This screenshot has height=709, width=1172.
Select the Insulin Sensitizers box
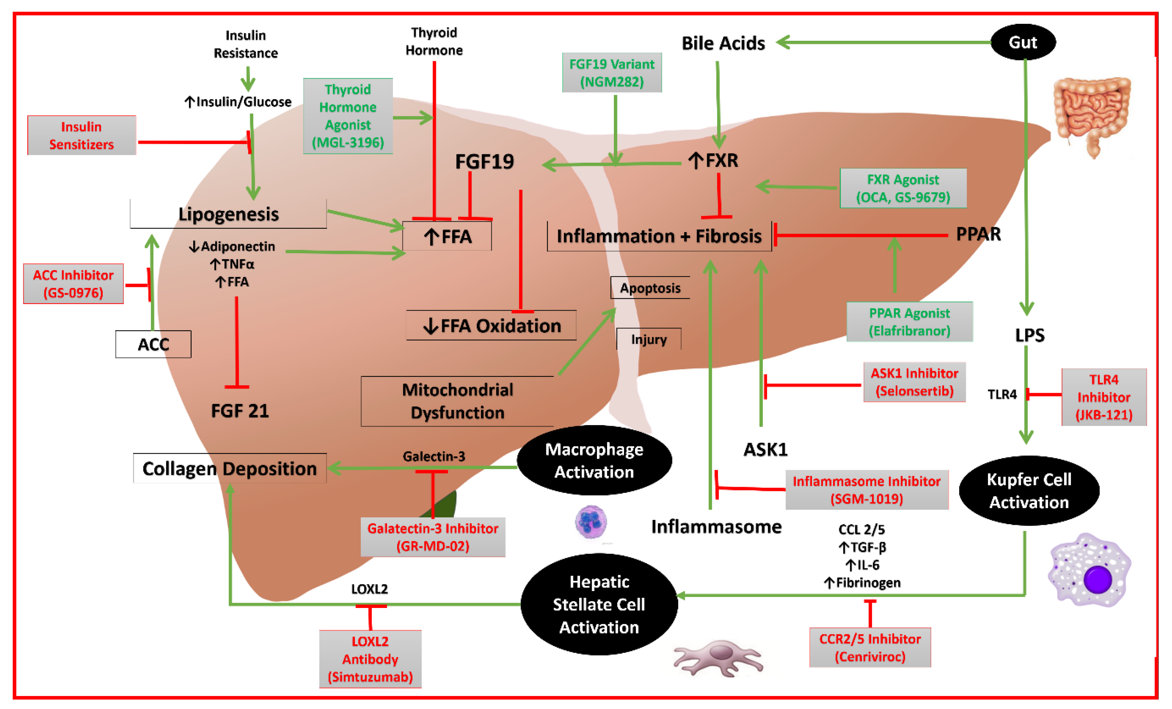(x=81, y=135)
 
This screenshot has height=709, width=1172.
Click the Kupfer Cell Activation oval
(x=1029, y=490)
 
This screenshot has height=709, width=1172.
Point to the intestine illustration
(x=1092, y=114)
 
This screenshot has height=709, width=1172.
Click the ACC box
(x=153, y=344)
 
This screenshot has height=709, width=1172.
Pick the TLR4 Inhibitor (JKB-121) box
(x=1104, y=397)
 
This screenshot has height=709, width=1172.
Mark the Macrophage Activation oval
(x=594, y=460)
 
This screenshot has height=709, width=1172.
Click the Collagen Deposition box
(x=229, y=468)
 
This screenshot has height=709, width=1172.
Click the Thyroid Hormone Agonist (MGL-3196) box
(x=348, y=116)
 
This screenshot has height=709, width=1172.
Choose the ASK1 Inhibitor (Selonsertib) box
(x=914, y=382)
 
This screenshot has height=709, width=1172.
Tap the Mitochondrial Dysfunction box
(x=457, y=401)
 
